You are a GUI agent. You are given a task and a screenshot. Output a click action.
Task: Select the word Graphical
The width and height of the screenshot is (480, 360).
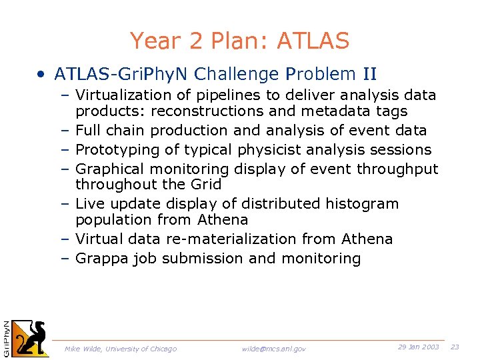tap(109, 169)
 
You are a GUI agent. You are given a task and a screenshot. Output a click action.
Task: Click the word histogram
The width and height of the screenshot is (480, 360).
tap(365, 204)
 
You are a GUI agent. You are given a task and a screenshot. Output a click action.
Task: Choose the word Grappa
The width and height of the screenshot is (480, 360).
tap(101, 259)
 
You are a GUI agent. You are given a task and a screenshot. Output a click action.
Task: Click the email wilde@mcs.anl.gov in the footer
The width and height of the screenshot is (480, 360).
tap(273, 349)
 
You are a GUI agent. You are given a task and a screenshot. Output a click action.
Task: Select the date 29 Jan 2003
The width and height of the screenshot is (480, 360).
tap(418, 347)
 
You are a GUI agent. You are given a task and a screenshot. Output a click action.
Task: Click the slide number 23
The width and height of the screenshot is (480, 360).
tap(455, 347)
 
